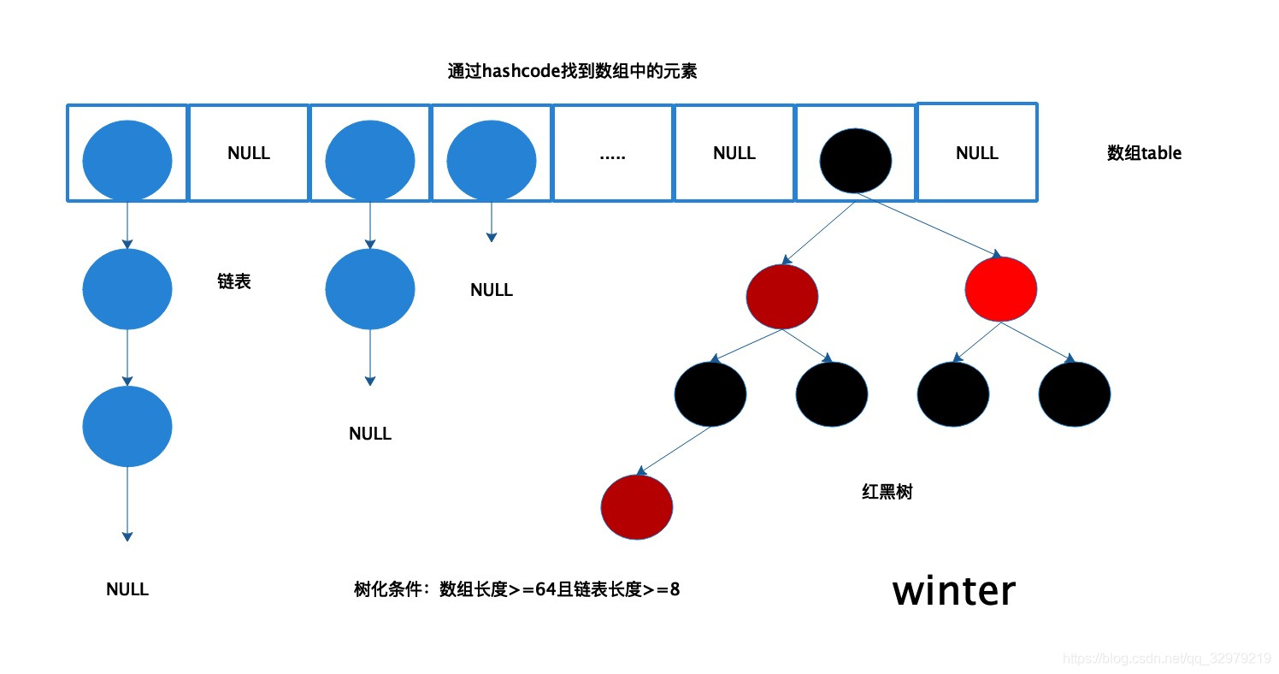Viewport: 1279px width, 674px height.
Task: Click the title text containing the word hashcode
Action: [572, 72]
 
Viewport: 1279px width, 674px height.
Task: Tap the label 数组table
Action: [1144, 153]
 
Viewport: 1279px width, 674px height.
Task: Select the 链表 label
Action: [234, 281]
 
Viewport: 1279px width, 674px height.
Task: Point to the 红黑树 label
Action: [887, 492]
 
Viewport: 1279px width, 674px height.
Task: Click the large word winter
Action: [954, 590]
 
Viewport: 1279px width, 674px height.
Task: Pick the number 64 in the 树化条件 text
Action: [545, 588]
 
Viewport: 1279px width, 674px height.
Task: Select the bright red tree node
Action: [1000, 289]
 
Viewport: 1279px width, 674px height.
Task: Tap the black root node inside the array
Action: [855, 160]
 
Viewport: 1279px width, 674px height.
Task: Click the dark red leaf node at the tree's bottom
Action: [637, 507]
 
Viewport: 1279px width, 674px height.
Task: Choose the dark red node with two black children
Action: [782, 296]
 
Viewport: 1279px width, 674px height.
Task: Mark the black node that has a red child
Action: [710, 393]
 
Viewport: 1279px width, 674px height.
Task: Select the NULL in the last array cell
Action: [977, 153]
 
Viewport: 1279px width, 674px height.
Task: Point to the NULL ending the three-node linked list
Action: [127, 589]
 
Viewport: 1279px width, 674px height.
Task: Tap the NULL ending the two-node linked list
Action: [370, 434]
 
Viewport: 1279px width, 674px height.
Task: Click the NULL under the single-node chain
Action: [492, 290]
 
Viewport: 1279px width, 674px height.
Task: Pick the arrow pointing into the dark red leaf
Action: [675, 450]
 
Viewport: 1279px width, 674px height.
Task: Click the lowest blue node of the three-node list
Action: [127, 426]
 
